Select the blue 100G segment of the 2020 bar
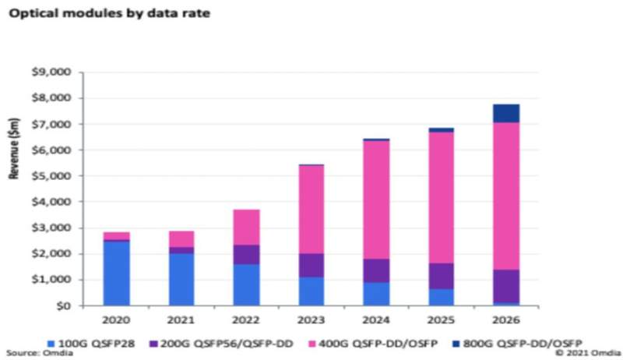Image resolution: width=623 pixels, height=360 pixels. (x=117, y=273)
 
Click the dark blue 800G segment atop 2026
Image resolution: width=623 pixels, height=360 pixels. (x=505, y=114)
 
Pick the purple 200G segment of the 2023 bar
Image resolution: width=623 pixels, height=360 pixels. (x=311, y=265)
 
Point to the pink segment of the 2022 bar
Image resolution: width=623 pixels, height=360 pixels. (x=246, y=227)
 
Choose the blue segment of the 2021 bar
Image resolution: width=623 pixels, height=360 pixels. (x=181, y=279)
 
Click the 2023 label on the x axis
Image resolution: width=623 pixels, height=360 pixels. (x=311, y=319)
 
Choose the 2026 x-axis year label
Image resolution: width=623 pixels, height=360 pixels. (x=505, y=319)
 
